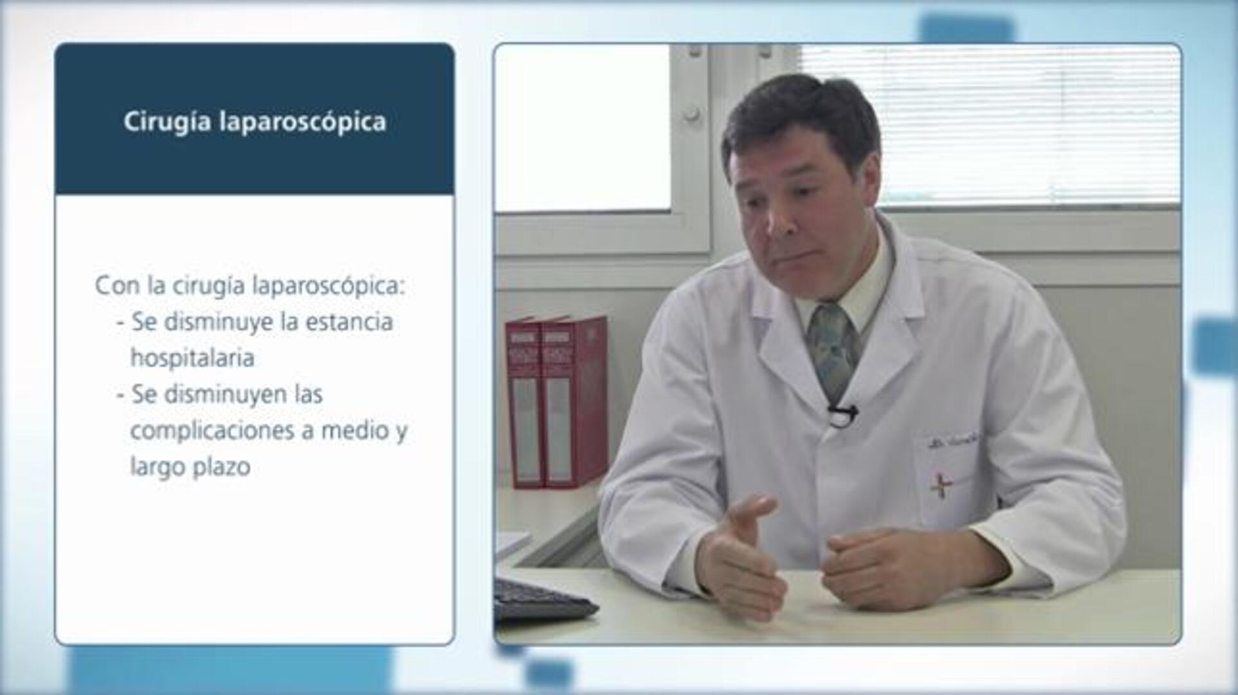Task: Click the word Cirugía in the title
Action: click(x=167, y=122)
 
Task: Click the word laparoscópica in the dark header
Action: click(x=303, y=122)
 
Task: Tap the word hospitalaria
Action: click(x=192, y=358)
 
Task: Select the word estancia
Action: click(x=349, y=322)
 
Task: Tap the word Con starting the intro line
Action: click(x=117, y=286)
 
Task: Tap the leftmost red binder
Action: click(x=524, y=403)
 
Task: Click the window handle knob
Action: click(x=691, y=115)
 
